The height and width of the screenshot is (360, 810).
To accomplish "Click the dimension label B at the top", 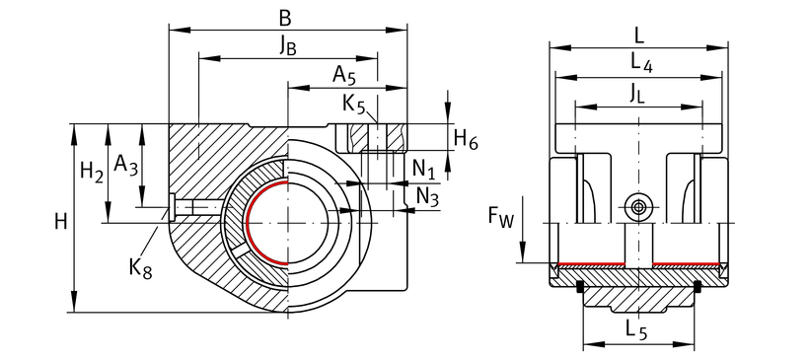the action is coord(285,18).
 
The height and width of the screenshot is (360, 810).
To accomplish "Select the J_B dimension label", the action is coord(288,46).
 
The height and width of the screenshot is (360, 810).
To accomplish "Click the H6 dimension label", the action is coord(466,139).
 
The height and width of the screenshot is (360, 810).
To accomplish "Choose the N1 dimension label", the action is coord(423,169).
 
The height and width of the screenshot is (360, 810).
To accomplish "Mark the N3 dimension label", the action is coord(427,197).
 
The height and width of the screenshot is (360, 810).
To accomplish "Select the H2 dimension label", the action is coord(92,171).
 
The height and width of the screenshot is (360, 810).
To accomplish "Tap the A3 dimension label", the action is coord(126,166).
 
